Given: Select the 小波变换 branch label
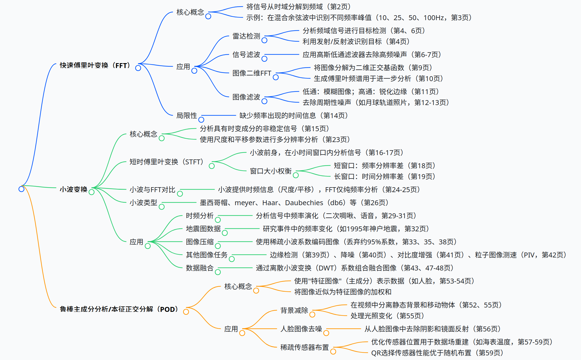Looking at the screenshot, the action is click(x=73, y=189).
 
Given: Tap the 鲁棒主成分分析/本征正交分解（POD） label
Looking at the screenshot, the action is click(x=119, y=309).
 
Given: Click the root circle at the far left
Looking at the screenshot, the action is click(x=21, y=189).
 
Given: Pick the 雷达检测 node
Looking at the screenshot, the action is click(x=246, y=36).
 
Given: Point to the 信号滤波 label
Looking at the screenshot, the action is click(x=246, y=55).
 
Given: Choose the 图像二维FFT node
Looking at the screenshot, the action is click(x=252, y=73).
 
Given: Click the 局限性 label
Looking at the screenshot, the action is click(x=187, y=116).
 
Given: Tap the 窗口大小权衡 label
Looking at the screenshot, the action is click(x=271, y=171).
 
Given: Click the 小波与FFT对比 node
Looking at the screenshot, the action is click(x=152, y=190).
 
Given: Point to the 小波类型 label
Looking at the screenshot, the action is click(x=143, y=203).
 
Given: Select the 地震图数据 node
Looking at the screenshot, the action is click(x=203, y=229).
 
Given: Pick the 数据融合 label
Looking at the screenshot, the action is click(x=200, y=268).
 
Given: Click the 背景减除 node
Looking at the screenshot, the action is click(x=294, y=310).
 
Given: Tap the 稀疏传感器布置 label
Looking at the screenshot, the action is click(x=305, y=347).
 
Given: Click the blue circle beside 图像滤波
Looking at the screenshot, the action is click(x=264, y=101).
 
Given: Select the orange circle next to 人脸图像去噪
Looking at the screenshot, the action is click(x=326, y=333).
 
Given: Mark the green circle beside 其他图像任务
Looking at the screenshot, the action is click(x=232, y=259).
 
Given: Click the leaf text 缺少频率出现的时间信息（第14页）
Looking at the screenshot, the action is click(x=294, y=116).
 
